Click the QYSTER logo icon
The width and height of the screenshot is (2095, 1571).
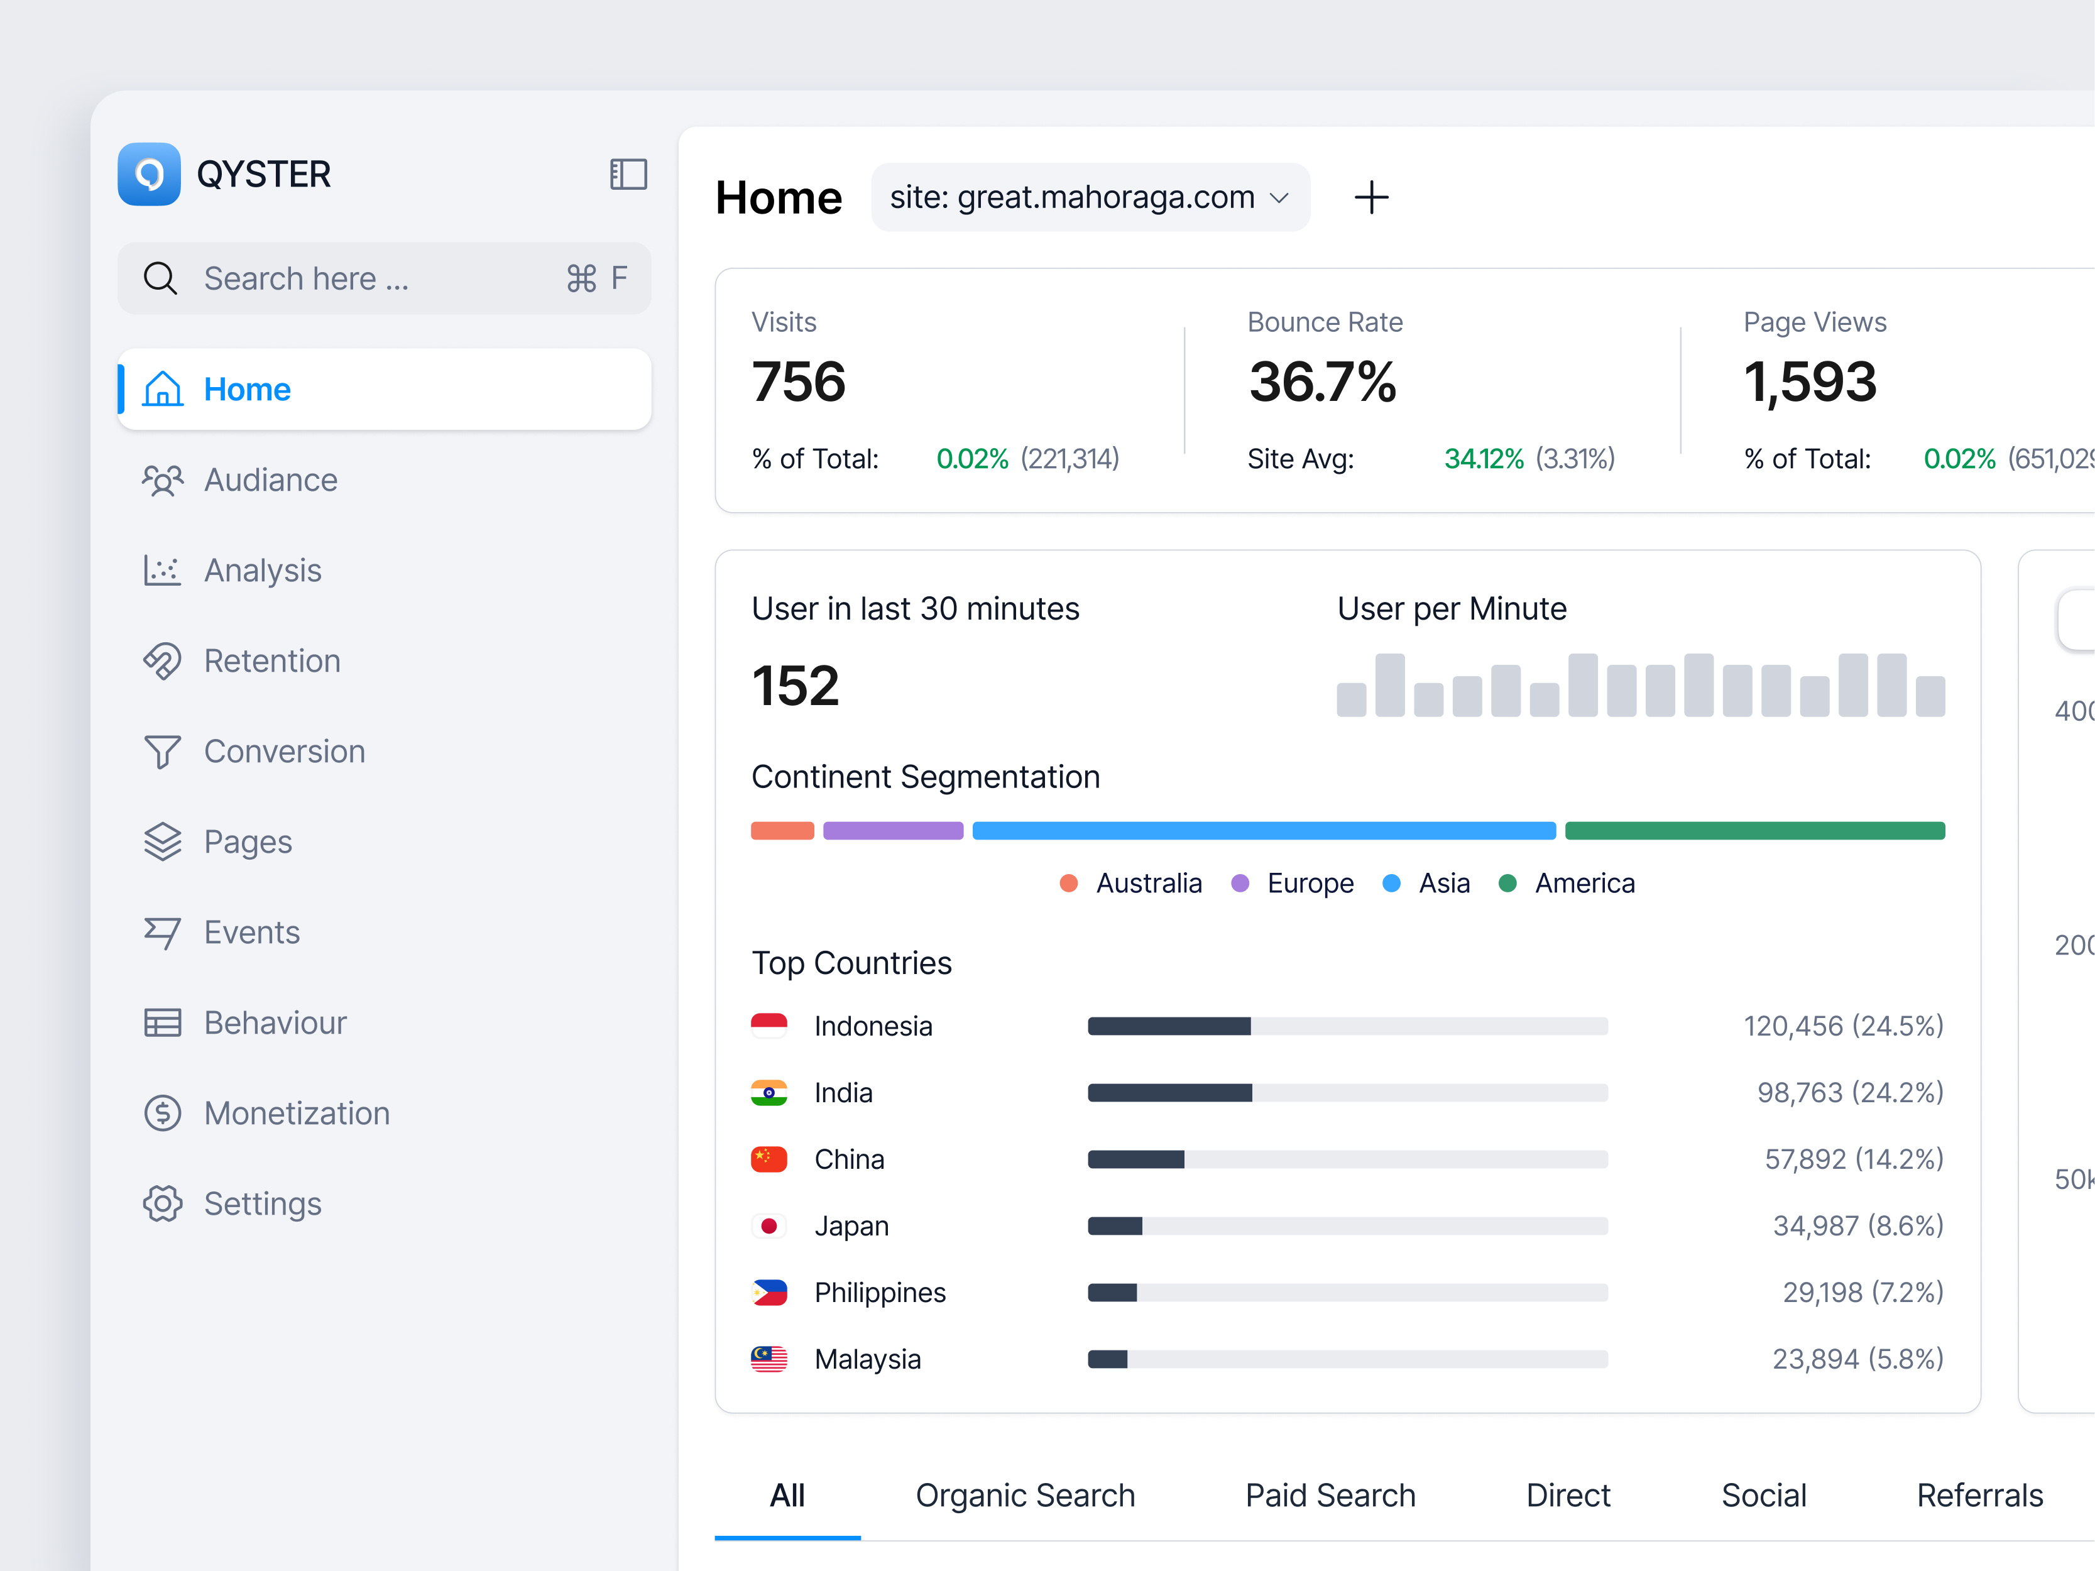pyautogui.click(x=149, y=174)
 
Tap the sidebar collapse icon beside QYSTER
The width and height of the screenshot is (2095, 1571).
pyautogui.click(x=628, y=174)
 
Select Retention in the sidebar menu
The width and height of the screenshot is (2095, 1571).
pyautogui.click(x=272, y=661)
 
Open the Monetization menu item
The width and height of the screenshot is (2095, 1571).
pyautogui.click(x=297, y=1114)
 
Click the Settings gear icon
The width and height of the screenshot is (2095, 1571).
pyautogui.click(x=163, y=1203)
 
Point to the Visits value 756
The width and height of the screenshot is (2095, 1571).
pyautogui.click(x=799, y=381)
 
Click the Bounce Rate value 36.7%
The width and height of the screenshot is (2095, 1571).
pyautogui.click(x=1322, y=381)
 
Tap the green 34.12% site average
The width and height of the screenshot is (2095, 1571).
pyautogui.click(x=1483, y=459)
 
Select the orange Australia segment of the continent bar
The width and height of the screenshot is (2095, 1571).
pyautogui.click(x=782, y=831)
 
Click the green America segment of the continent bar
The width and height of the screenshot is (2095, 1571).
pyautogui.click(x=1754, y=831)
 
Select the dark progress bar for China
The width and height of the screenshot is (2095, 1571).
pyautogui.click(x=1135, y=1159)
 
